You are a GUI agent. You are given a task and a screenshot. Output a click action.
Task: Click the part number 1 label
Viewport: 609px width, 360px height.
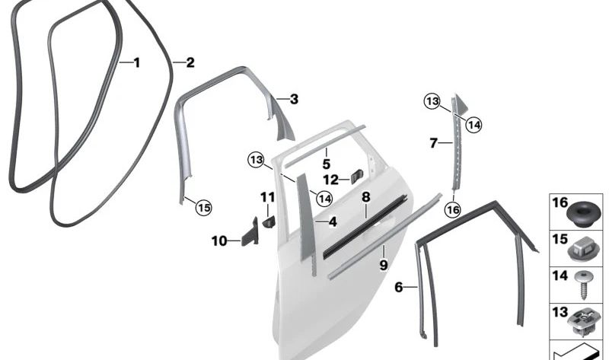[x=137, y=62]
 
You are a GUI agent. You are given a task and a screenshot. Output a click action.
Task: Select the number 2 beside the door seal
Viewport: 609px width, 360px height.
[x=190, y=62]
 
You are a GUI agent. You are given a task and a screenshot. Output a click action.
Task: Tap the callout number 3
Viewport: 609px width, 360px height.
[x=294, y=99]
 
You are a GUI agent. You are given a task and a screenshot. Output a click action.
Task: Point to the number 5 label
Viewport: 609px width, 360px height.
[x=326, y=163]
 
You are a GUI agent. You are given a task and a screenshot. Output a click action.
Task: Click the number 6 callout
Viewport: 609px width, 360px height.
[x=397, y=287]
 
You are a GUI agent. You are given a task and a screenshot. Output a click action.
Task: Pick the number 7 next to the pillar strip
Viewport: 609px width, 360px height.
[x=432, y=142]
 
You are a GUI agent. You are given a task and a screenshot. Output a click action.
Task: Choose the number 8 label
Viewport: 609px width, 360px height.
[x=365, y=197]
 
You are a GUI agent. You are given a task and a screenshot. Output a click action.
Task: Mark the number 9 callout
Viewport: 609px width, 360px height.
[x=384, y=264]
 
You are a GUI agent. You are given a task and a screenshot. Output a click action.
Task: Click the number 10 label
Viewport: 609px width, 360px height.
[x=219, y=241]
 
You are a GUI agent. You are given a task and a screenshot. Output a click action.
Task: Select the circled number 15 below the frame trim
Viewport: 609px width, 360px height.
[x=203, y=206]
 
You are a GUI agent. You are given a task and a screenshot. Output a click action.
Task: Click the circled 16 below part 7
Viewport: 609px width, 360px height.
[x=453, y=210]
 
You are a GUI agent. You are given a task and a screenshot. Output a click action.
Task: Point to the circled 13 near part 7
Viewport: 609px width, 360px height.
[x=432, y=101]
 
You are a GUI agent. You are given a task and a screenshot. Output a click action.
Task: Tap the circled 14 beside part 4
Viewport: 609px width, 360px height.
[x=324, y=199]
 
